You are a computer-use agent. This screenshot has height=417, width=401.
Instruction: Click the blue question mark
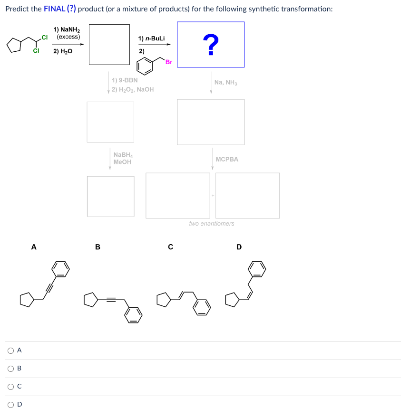pos(211,45)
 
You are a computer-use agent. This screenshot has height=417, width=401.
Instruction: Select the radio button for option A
pos(10,351)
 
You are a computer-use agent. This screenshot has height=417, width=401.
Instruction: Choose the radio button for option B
pos(10,369)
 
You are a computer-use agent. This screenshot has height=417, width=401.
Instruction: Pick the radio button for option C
pos(10,387)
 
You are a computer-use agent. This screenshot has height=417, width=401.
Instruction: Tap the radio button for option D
pos(10,405)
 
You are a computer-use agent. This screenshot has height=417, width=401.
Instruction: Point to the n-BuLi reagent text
pos(151,38)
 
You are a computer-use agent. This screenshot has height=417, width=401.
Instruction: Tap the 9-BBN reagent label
pos(125,80)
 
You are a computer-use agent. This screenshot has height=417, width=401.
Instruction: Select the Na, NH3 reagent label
pos(225,83)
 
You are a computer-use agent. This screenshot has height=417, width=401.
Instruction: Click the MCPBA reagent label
pos(227,160)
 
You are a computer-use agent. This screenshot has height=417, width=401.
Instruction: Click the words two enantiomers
pos(212,224)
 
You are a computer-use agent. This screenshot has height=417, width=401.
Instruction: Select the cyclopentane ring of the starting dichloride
pos(14,45)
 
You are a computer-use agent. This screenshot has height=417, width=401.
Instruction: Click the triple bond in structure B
pos(111,300)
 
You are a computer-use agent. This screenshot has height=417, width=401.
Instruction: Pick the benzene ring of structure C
pos(202,307)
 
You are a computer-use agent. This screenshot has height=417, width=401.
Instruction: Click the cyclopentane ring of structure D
pos(232,300)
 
